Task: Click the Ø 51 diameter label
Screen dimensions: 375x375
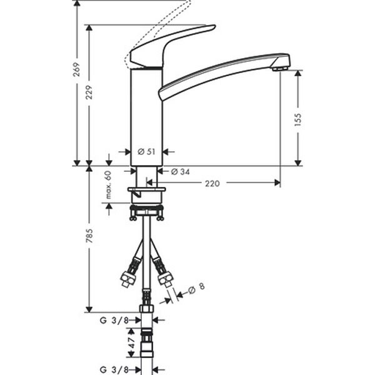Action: point(146,151)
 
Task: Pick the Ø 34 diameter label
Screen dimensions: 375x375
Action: point(181,171)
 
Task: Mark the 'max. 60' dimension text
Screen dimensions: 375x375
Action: point(108,186)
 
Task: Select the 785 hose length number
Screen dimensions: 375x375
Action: point(89,237)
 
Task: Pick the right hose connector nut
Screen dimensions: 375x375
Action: point(166,276)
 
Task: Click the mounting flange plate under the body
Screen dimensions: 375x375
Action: point(146,189)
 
